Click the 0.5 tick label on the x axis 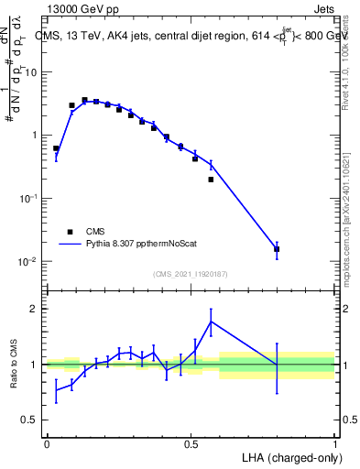pos(191,442)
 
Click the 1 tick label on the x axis pos(334,442)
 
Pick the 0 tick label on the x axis pos(47,442)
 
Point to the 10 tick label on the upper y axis pos(29,71)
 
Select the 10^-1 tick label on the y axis pos(29,198)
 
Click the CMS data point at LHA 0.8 pos(277,249)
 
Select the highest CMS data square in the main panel pos(84,100)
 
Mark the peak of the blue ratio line pos(212,322)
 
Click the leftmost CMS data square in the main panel pos(56,148)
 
